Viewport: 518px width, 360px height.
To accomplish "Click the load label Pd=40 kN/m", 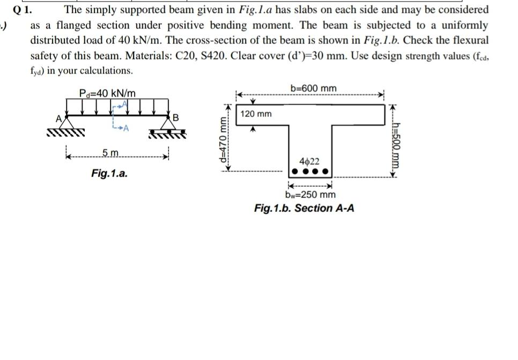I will [x=107, y=93].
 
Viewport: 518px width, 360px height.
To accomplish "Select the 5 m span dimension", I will [x=111, y=155].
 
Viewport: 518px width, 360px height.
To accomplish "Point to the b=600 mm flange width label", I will [x=314, y=88].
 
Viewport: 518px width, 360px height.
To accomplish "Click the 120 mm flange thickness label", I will [x=256, y=114].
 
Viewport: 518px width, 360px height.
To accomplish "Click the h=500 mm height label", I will [x=397, y=142].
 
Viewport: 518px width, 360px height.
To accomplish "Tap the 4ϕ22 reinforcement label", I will [x=310, y=161].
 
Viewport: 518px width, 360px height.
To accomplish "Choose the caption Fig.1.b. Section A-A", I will [x=304, y=208].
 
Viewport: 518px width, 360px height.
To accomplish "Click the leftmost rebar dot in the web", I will [x=292, y=173].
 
